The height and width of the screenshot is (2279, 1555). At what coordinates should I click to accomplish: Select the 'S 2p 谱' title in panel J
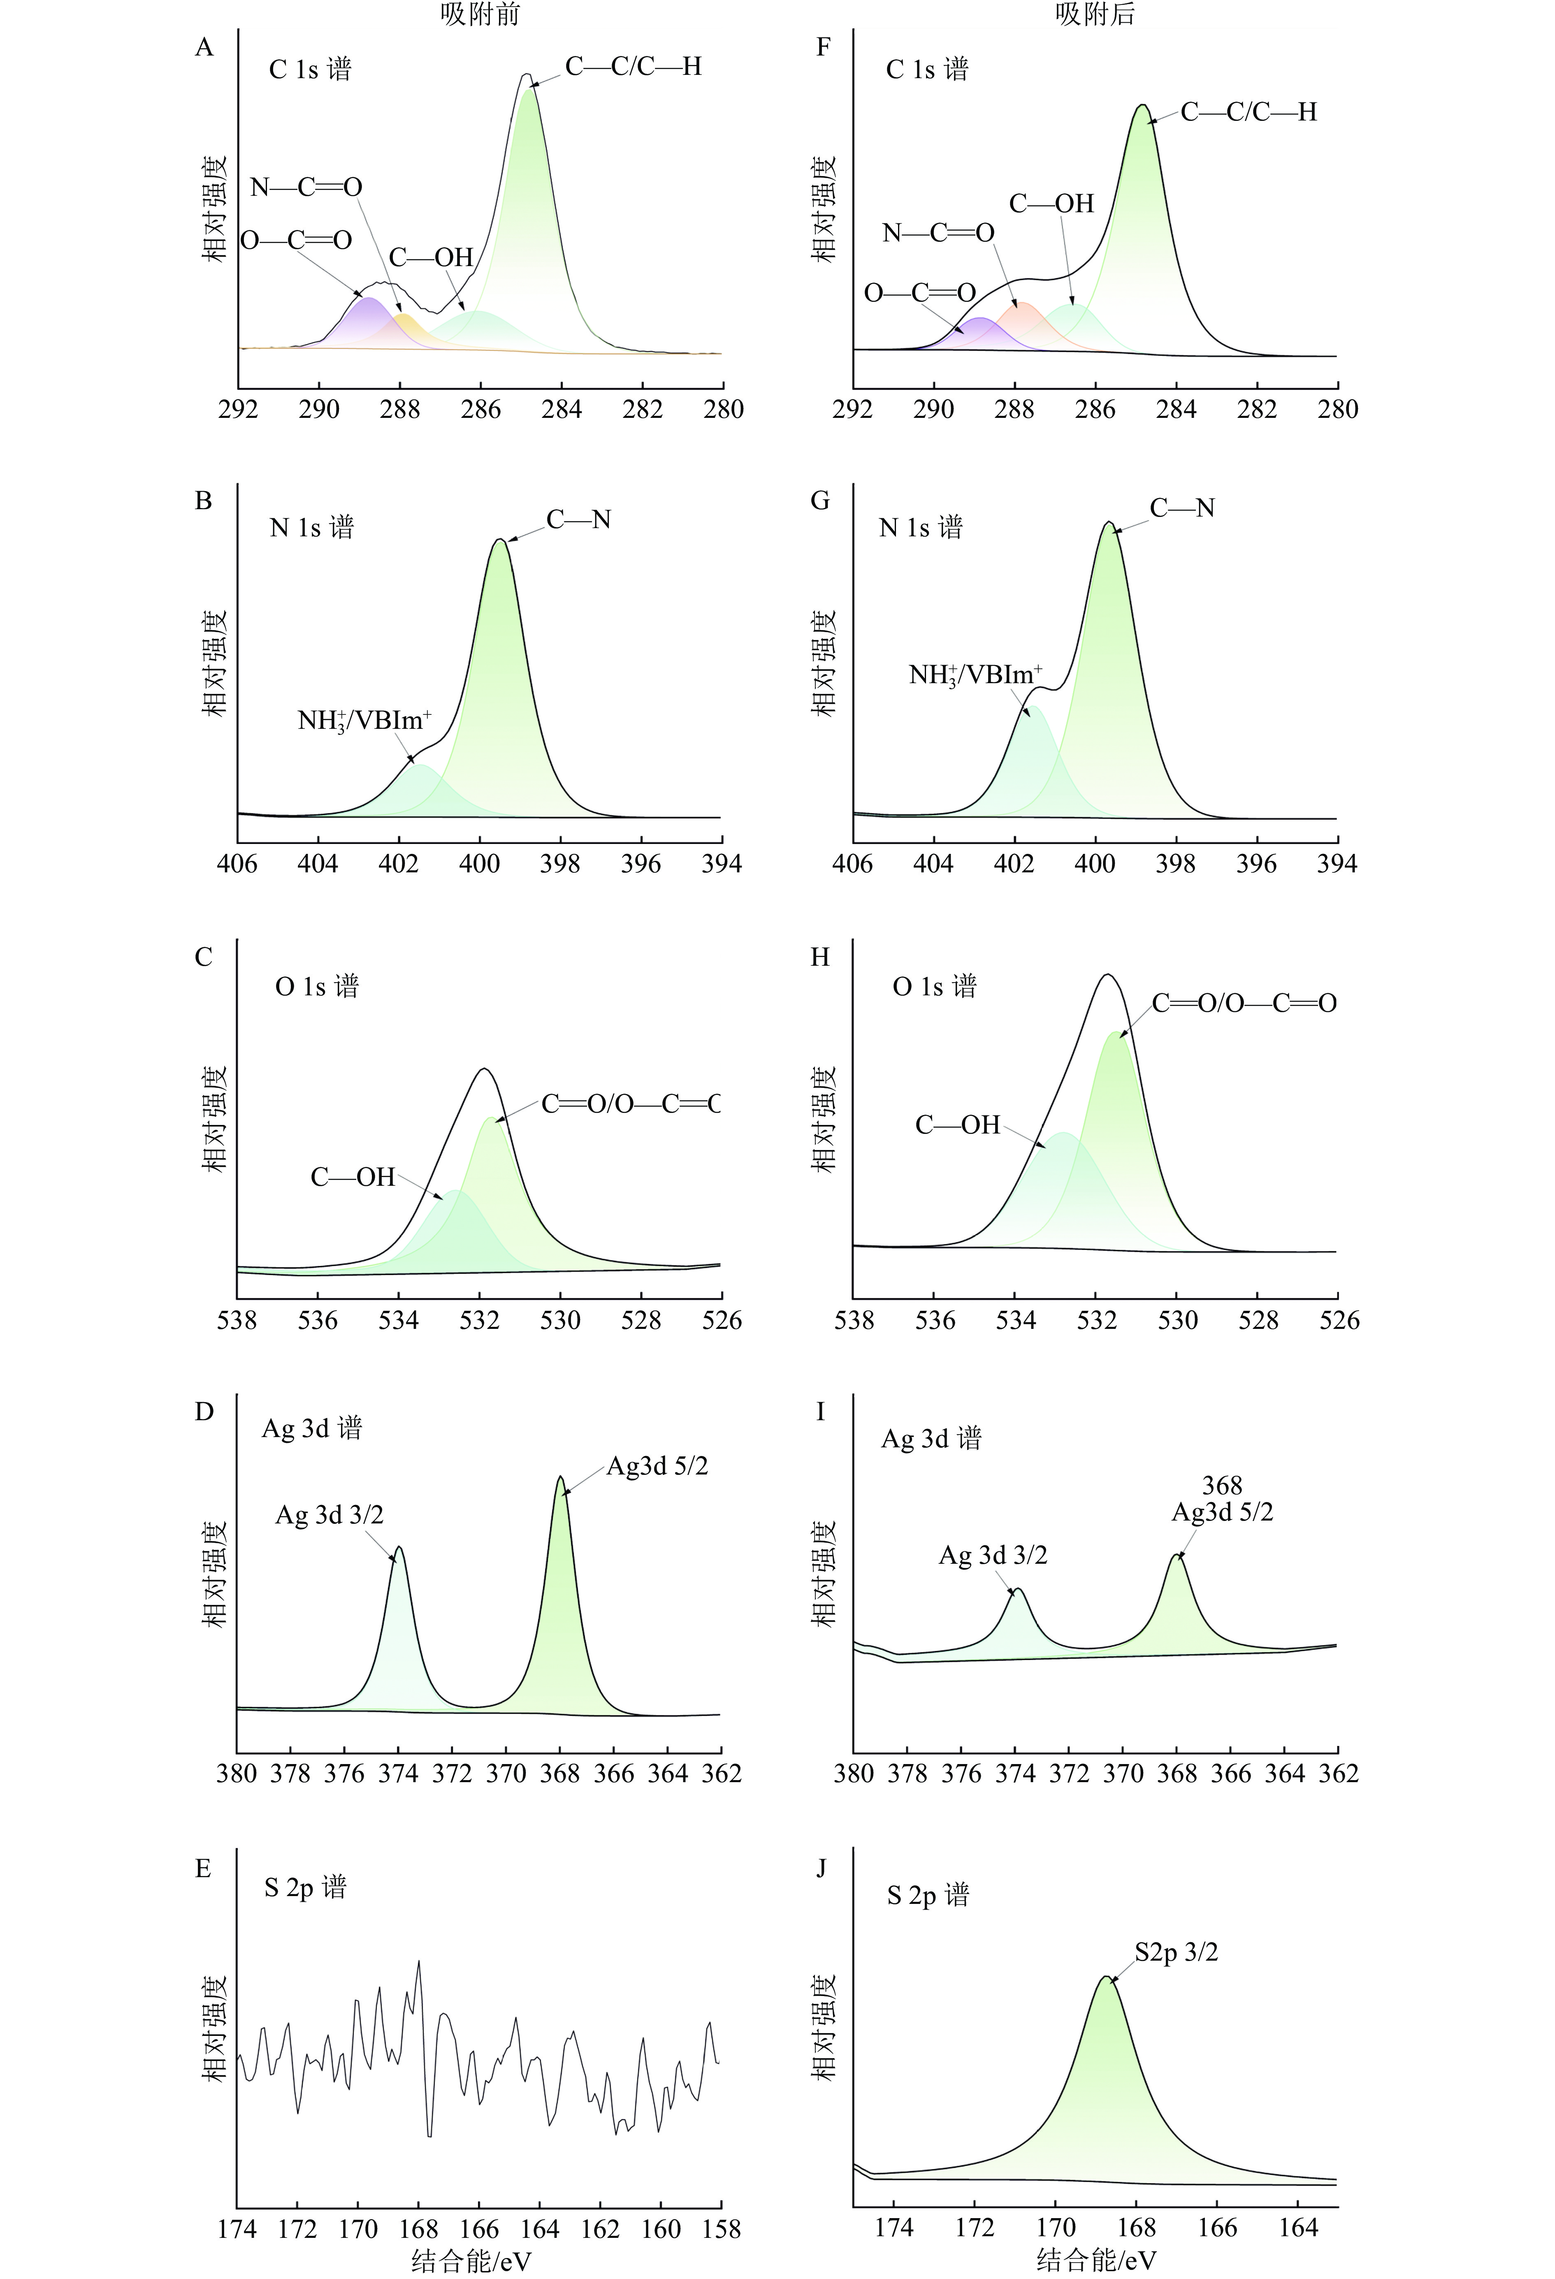927,1894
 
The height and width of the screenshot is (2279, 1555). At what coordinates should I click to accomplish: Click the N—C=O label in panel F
938,233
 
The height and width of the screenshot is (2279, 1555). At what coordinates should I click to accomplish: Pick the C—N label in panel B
579,520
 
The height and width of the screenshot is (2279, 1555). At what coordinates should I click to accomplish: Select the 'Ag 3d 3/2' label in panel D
329,1515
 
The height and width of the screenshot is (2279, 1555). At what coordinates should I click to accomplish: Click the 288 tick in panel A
399,410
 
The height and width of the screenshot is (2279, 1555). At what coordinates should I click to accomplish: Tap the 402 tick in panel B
398,864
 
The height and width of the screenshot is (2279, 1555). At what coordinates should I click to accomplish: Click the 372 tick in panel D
452,1774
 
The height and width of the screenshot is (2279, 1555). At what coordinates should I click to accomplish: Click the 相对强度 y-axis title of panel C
214,1118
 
